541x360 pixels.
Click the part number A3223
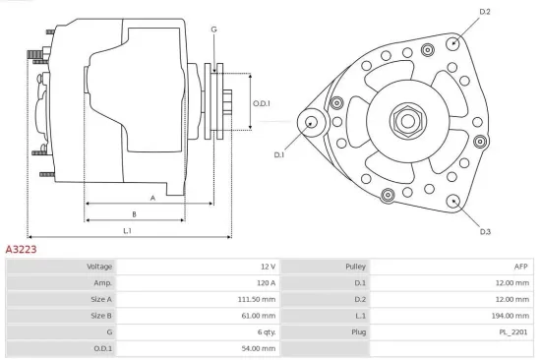click(21, 250)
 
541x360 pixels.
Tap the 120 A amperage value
click(268, 283)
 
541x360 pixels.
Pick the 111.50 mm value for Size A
click(258, 299)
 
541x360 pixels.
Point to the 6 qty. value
click(265, 331)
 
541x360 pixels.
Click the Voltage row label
click(99, 267)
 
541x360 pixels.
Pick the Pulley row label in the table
click(355, 267)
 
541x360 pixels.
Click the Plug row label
click(359, 331)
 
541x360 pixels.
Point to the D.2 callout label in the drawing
click(484, 12)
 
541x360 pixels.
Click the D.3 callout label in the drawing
click(485, 231)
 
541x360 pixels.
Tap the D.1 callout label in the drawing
click(278, 154)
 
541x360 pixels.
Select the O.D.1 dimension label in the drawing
click(261, 103)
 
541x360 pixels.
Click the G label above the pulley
click(213, 30)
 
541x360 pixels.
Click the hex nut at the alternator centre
click(406, 121)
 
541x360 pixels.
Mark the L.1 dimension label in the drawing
click(128, 230)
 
